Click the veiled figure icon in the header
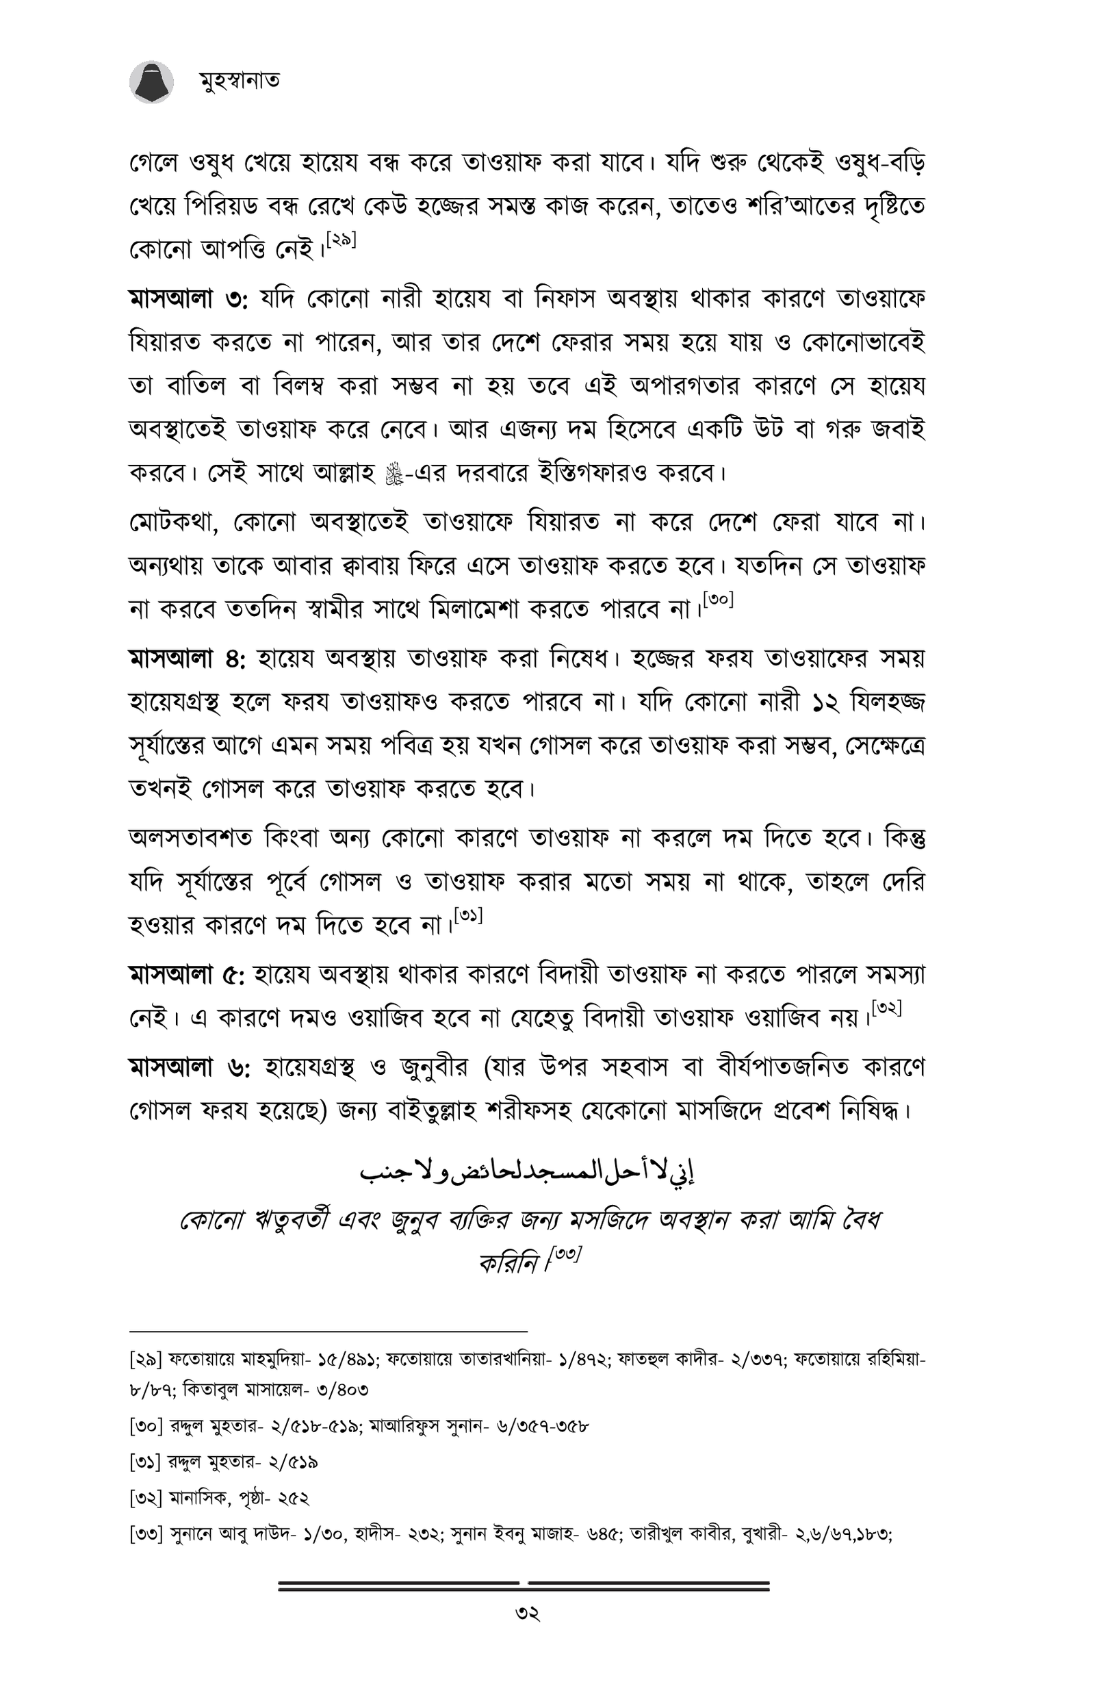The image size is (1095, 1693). [x=151, y=82]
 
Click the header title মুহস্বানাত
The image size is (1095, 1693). [x=239, y=80]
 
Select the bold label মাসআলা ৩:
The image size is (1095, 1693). [x=188, y=299]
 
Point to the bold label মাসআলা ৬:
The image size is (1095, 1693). [x=188, y=1067]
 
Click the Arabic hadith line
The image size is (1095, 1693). [x=527, y=1172]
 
